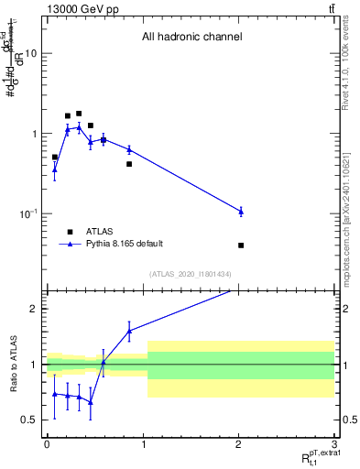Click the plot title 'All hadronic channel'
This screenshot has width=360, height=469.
point(191,38)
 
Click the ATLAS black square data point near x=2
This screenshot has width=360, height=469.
point(241,245)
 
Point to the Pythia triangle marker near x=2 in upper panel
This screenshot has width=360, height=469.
point(241,212)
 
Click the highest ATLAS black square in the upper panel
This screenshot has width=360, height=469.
point(79,114)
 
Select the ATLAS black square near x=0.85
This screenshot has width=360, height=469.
point(129,164)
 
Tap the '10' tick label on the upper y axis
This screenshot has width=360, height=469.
point(30,53)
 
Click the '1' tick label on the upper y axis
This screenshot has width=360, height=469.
point(34,134)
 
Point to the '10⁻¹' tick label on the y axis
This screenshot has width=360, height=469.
point(27,213)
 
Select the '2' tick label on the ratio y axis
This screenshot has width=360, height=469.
point(34,309)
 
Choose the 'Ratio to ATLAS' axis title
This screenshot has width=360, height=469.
point(12,365)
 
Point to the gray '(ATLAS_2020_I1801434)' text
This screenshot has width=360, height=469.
point(191,275)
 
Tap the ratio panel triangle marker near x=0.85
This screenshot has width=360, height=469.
point(129,331)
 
